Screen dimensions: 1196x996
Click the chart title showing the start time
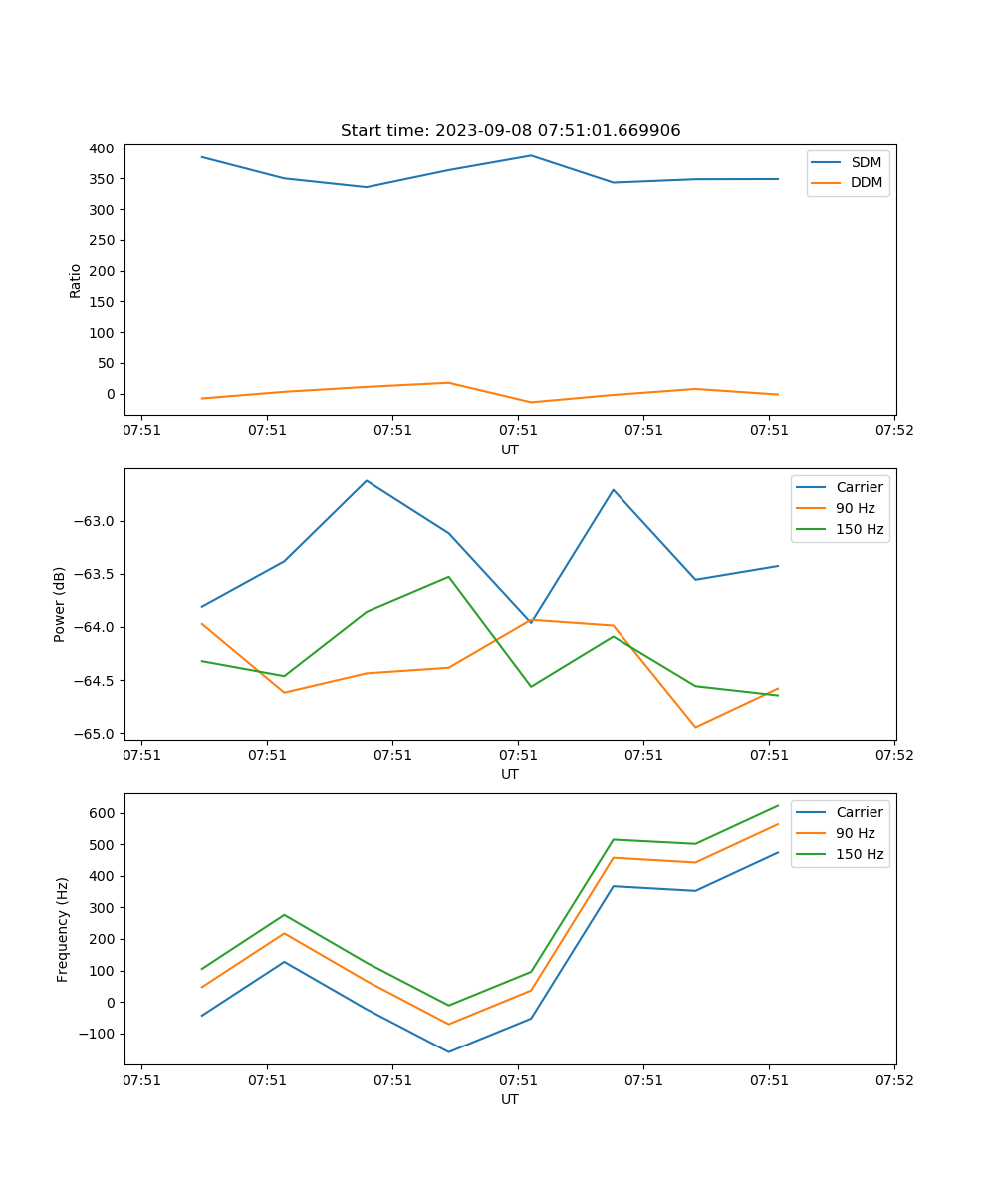pyautogui.click(x=510, y=131)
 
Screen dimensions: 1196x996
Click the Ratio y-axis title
pyautogui.click(x=76, y=281)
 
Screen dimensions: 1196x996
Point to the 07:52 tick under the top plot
pyautogui.click(x=893, y=431)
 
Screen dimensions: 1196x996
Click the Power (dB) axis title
pyautogui.click(x=60, y=604)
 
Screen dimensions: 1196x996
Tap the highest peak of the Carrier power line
pyautogui.click(x=367, y=480)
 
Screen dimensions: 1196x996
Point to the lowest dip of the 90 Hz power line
pyautogui.click(x=695, y=727)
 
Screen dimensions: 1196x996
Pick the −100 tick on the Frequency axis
pyautogui.click(x=96, y=1034)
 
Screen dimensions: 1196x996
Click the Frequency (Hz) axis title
pyautogui.click(x=63, y=929)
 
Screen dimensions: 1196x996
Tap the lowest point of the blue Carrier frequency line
pyautogui.click(x=448, y=1051)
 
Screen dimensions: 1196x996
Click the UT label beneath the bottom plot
pyautogui.click(x=510, y=1099)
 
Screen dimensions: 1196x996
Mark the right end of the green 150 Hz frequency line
pyautogui.click(x=778, y=805)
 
